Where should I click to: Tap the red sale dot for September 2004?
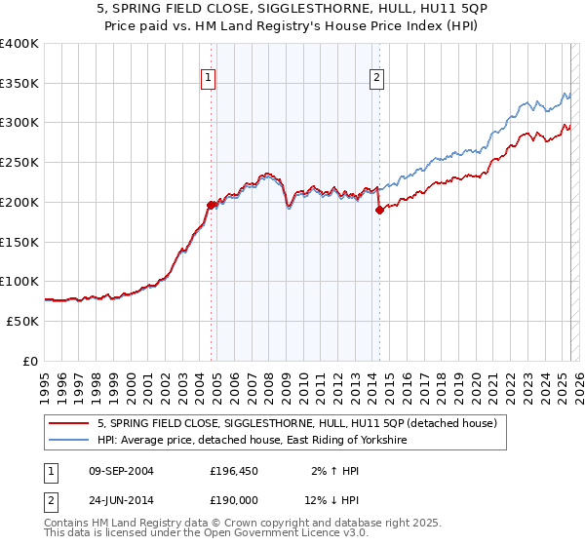pyautogui.click(x=211, y=205)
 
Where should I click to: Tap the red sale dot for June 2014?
pyautogui.click(x=379, y=210)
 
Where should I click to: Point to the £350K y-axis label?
pyautogui.click(x=19, y=84)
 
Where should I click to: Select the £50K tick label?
pyautogui.click(x=22, y=321)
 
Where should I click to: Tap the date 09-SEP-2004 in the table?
pyautogui.click(x=121, y=471)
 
